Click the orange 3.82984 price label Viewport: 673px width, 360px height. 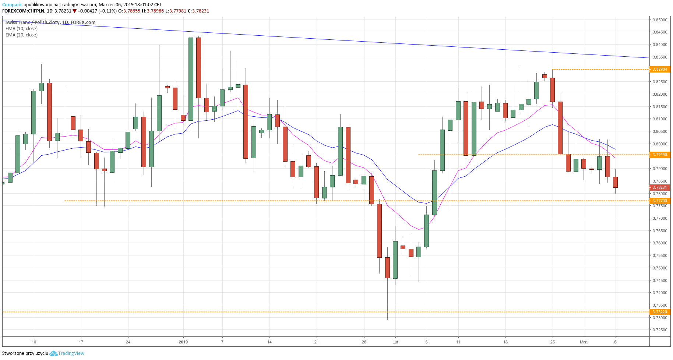click(660, 69)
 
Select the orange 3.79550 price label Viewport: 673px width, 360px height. click(660, 155)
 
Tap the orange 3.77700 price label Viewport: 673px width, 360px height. click(660, 201)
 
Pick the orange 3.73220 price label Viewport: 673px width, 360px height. click(660, 312)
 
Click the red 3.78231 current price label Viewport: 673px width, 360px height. click(660, 187)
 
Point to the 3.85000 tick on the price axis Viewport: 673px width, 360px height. click(660, 20)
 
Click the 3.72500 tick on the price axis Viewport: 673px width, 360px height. click(660, 330)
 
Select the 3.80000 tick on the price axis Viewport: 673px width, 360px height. click(660, 144)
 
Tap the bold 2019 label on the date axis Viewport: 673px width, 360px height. click(183, 342)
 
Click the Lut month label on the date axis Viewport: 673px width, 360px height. click(395, 342)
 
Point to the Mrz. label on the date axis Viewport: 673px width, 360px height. click(584, 342)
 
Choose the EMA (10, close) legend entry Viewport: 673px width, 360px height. click(21, 29)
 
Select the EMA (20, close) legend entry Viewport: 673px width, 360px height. click(21, 35)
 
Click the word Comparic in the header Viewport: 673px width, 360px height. click(12, 5)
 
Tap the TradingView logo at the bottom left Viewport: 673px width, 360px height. click(67, 353)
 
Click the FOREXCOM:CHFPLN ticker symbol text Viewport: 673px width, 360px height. click(23, 11)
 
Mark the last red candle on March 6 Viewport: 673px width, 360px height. click(615, 182)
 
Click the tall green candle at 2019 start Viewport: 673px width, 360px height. click(191, 79)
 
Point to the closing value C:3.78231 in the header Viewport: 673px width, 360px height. click(198, 11)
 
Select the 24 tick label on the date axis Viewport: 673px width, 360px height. click(128, 342)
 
